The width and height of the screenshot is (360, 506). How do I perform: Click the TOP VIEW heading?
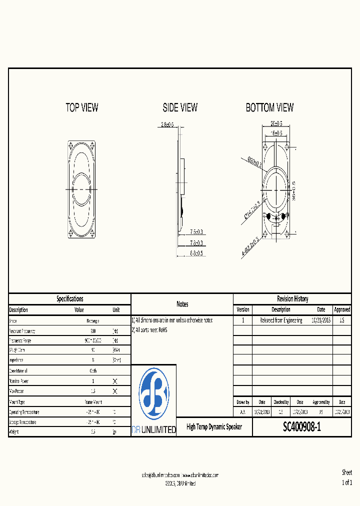coord(82,107)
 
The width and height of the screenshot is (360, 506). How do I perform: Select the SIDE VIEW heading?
coord(180,107)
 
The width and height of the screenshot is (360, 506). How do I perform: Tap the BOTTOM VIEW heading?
coord(269,107)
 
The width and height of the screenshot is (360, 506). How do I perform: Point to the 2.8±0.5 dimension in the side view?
coord(167,124)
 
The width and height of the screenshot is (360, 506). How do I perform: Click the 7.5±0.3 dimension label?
coord(196,232)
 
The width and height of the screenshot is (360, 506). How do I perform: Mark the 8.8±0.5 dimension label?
coord(196,253)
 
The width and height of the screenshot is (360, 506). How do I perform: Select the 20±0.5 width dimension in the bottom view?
coord(276,123)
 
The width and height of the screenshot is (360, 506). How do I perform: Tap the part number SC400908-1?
coord(302,427)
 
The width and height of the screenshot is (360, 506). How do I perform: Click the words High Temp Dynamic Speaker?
coord(214,427)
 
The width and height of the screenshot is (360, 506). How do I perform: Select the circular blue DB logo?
coord(153,393)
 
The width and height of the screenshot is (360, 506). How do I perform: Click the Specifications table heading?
coord(69,298)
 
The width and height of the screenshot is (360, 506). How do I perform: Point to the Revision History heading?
coord(292,298)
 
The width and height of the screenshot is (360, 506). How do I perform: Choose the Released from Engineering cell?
coord(281,320)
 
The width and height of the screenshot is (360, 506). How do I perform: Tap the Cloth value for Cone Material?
coord(93,371)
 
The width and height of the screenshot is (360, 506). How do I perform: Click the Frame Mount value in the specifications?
coord(93,402)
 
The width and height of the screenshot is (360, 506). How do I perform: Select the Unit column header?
coord(116,310)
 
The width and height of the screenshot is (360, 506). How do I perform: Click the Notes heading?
coord(182,304)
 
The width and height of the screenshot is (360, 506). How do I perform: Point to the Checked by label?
coord(280,402)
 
